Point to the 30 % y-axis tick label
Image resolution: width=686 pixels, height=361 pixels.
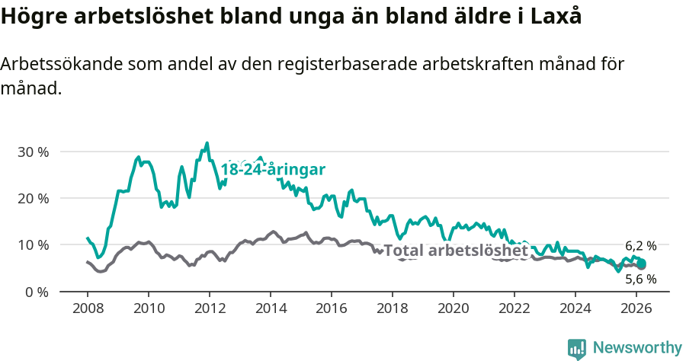pos(33,152)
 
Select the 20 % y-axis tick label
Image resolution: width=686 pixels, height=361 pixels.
pos(33,198)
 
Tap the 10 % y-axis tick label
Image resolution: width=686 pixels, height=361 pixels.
pos(33,244)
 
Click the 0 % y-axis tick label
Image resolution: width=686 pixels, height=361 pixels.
pos(36,291)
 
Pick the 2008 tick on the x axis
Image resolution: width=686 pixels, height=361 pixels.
pos(87,308)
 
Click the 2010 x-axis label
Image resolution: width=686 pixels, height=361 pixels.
pos(148,308)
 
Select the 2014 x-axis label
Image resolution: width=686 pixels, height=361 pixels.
pos(270,308)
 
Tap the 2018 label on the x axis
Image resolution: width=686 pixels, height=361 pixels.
pos(392,308)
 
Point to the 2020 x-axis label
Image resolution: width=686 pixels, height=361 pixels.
pos(453,308)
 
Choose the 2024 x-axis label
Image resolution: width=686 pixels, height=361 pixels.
pos(575,308)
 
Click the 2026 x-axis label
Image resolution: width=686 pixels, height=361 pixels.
pos(636,308)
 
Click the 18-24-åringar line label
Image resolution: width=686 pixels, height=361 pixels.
pos(273,170)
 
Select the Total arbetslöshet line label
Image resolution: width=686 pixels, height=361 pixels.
pos(455,251)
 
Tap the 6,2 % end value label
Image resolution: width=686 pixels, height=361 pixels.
pos(640,246)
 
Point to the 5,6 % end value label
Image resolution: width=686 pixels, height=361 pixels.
pos(640,280)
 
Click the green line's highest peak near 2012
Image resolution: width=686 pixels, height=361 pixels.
pos(207,143)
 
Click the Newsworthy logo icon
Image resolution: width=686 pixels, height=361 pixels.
pos(577,348)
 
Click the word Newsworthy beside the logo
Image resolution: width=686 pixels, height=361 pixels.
pos(636,348)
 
